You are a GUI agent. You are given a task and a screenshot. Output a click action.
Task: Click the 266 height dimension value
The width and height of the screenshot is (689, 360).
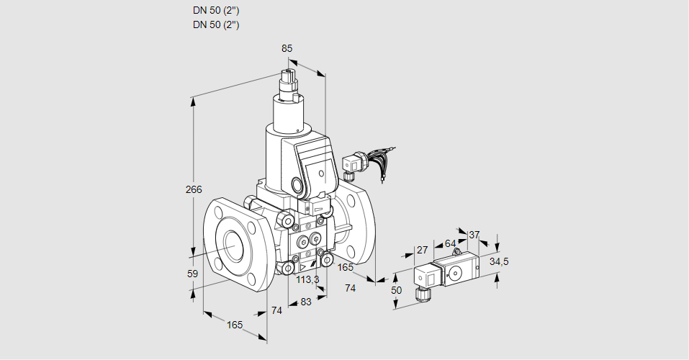194,190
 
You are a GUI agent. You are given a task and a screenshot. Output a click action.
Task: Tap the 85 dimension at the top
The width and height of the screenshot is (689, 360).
287,49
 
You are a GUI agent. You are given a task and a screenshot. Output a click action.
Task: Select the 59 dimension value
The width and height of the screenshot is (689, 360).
192,274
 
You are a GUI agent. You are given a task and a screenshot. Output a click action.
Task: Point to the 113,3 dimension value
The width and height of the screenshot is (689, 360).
307,280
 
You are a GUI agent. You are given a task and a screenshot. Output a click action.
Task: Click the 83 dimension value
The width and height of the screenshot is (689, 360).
306,302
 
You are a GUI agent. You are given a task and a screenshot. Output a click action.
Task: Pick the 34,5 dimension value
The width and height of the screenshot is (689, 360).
499,261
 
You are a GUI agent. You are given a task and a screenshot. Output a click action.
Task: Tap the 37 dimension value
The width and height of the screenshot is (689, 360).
474,235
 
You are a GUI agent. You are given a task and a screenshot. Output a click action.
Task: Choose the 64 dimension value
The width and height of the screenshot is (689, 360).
450,243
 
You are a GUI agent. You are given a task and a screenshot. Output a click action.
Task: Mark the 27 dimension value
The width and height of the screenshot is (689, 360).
422,250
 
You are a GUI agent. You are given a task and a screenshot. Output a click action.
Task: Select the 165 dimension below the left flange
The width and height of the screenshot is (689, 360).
235,325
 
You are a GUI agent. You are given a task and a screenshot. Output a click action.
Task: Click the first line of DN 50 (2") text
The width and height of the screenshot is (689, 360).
216,11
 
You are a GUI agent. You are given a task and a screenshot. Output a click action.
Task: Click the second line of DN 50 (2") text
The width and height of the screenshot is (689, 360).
216,24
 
